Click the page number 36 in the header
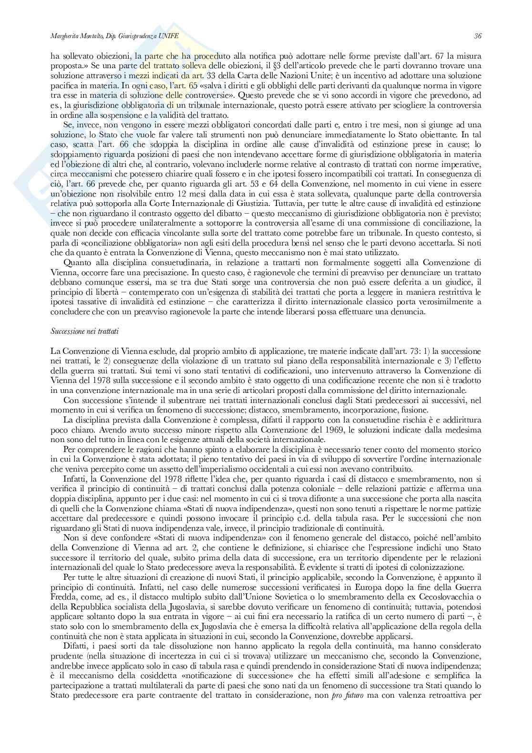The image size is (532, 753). coord(478,36)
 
